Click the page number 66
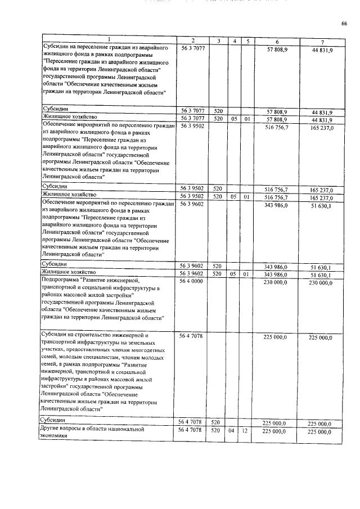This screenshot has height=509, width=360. pos(344,23)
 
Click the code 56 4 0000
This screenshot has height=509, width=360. pos(192,281)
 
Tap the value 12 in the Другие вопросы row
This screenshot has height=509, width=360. pos(246,431)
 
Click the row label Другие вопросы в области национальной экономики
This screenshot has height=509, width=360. pos(90,434)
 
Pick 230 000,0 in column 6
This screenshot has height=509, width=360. pos(276,281)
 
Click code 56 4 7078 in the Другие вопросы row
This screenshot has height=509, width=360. pos(192,431)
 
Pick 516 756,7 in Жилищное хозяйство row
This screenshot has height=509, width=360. pos(276,197)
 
